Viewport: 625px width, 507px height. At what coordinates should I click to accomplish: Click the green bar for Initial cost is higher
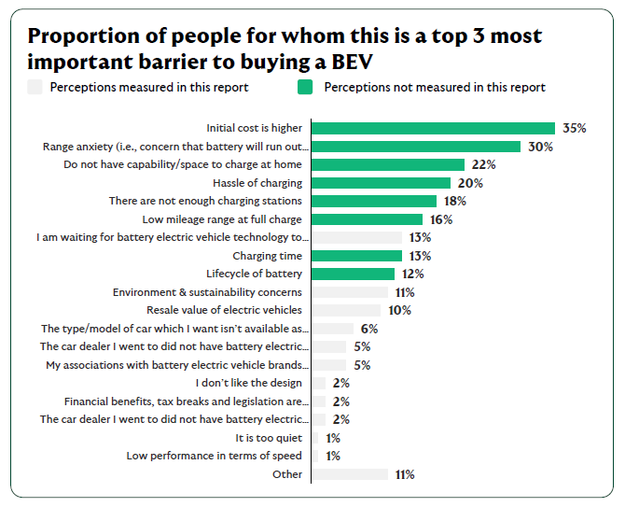[x=433, y=128]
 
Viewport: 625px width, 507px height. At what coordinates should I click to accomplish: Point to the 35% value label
[x=573, y=128]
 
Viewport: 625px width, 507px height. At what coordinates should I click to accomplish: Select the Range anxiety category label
[x=175, y=147]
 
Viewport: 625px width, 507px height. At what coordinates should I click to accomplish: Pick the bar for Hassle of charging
[x=381, y=183]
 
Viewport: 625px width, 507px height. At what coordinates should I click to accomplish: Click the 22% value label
[x=482, y=164]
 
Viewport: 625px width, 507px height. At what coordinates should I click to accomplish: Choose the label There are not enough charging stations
[x=205, y=201]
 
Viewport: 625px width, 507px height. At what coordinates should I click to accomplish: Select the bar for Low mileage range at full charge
[x=367, y=219]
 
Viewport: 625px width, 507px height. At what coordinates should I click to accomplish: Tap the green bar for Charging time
[x=356, y=256]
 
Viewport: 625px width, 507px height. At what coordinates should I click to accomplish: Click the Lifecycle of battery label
[x=256, y=274]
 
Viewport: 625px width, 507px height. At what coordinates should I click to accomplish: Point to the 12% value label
[x=412, y=274]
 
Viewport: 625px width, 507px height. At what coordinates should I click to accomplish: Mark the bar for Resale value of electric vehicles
[x=346, y=310]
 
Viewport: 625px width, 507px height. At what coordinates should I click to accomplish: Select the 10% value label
[x=399, y=310]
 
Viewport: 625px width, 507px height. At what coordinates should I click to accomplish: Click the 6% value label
[x=369, y=329]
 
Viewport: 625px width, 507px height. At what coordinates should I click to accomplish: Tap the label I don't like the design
[x=249, y=383]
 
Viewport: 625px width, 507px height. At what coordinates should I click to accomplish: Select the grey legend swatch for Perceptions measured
[x=35, y=88]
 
